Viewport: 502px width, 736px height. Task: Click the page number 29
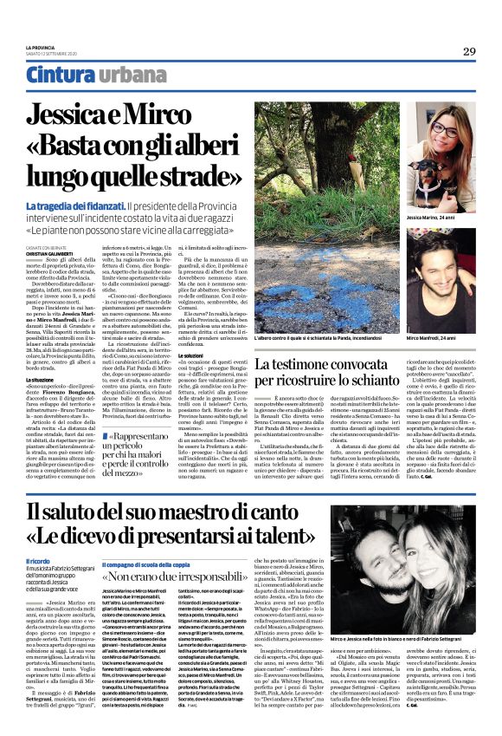click(x=468, y=51)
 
